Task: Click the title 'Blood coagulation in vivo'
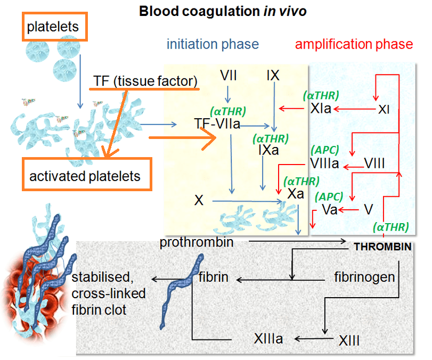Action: [x=223, y=11]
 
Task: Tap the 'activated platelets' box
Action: [x=85, y=176]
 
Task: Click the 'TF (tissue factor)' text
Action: [x=145, y=81]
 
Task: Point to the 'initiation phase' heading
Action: [x=213, y=44]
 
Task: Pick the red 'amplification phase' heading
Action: [x=354, y=44]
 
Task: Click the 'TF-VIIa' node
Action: [x=217, y=124]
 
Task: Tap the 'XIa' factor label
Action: [x=322, y=109]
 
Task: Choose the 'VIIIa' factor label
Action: [x=325, y=163]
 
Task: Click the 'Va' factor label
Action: [x=330, y=209]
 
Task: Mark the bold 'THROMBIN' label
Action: [x=382, y=247]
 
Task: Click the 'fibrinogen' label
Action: [x=364, y=277]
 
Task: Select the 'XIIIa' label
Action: [x=268, y=339]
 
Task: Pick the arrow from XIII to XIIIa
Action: [x=315, y=339]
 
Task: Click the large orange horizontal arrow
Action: [x=182, y=138]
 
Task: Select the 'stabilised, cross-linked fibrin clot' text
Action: [x=109, y=293]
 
